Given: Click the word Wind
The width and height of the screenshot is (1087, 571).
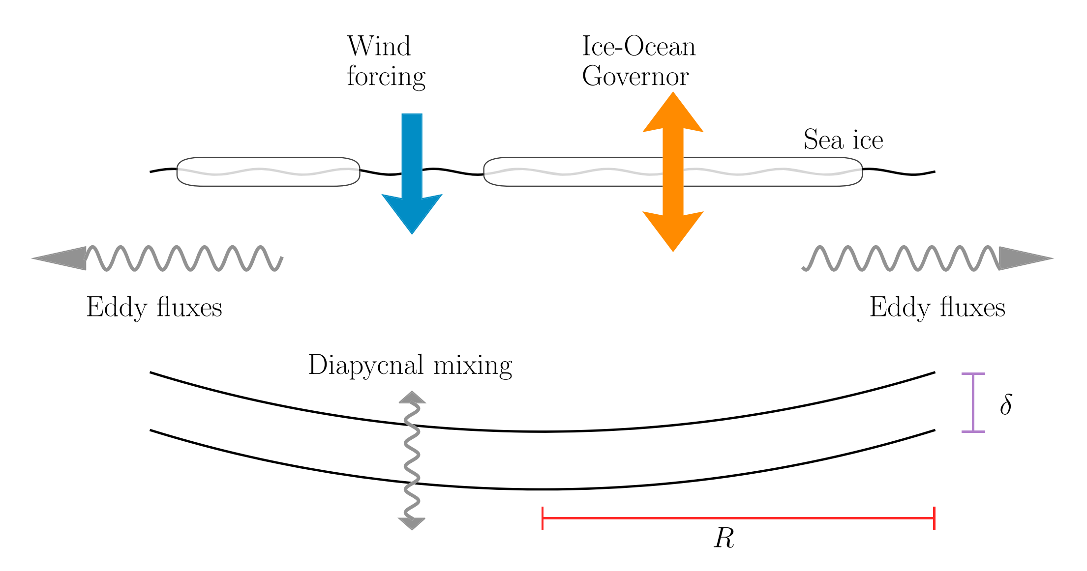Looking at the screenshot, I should (x=379, y=47).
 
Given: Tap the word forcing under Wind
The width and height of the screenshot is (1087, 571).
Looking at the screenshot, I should (x=386, y=77).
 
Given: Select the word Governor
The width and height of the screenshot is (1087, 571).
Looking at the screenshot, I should (x=635, y=77).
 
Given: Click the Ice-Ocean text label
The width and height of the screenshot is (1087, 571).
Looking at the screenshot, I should (x=638, y=47).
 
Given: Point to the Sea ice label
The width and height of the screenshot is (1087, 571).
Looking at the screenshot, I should (x=843, y=140).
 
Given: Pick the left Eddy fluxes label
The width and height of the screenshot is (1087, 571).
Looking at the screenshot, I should (x=154, y=308).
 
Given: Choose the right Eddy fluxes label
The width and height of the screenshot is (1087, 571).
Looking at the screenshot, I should (x=937, y=308).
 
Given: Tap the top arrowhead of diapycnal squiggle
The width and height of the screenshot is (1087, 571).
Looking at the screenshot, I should (x=412, y=398).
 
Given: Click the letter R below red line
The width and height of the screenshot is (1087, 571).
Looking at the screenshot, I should (x=724, y=539).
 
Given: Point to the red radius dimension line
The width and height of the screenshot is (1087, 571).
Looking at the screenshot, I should (x=738, y=518).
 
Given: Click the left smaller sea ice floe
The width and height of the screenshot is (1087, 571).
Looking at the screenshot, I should (x=268, y=171).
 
